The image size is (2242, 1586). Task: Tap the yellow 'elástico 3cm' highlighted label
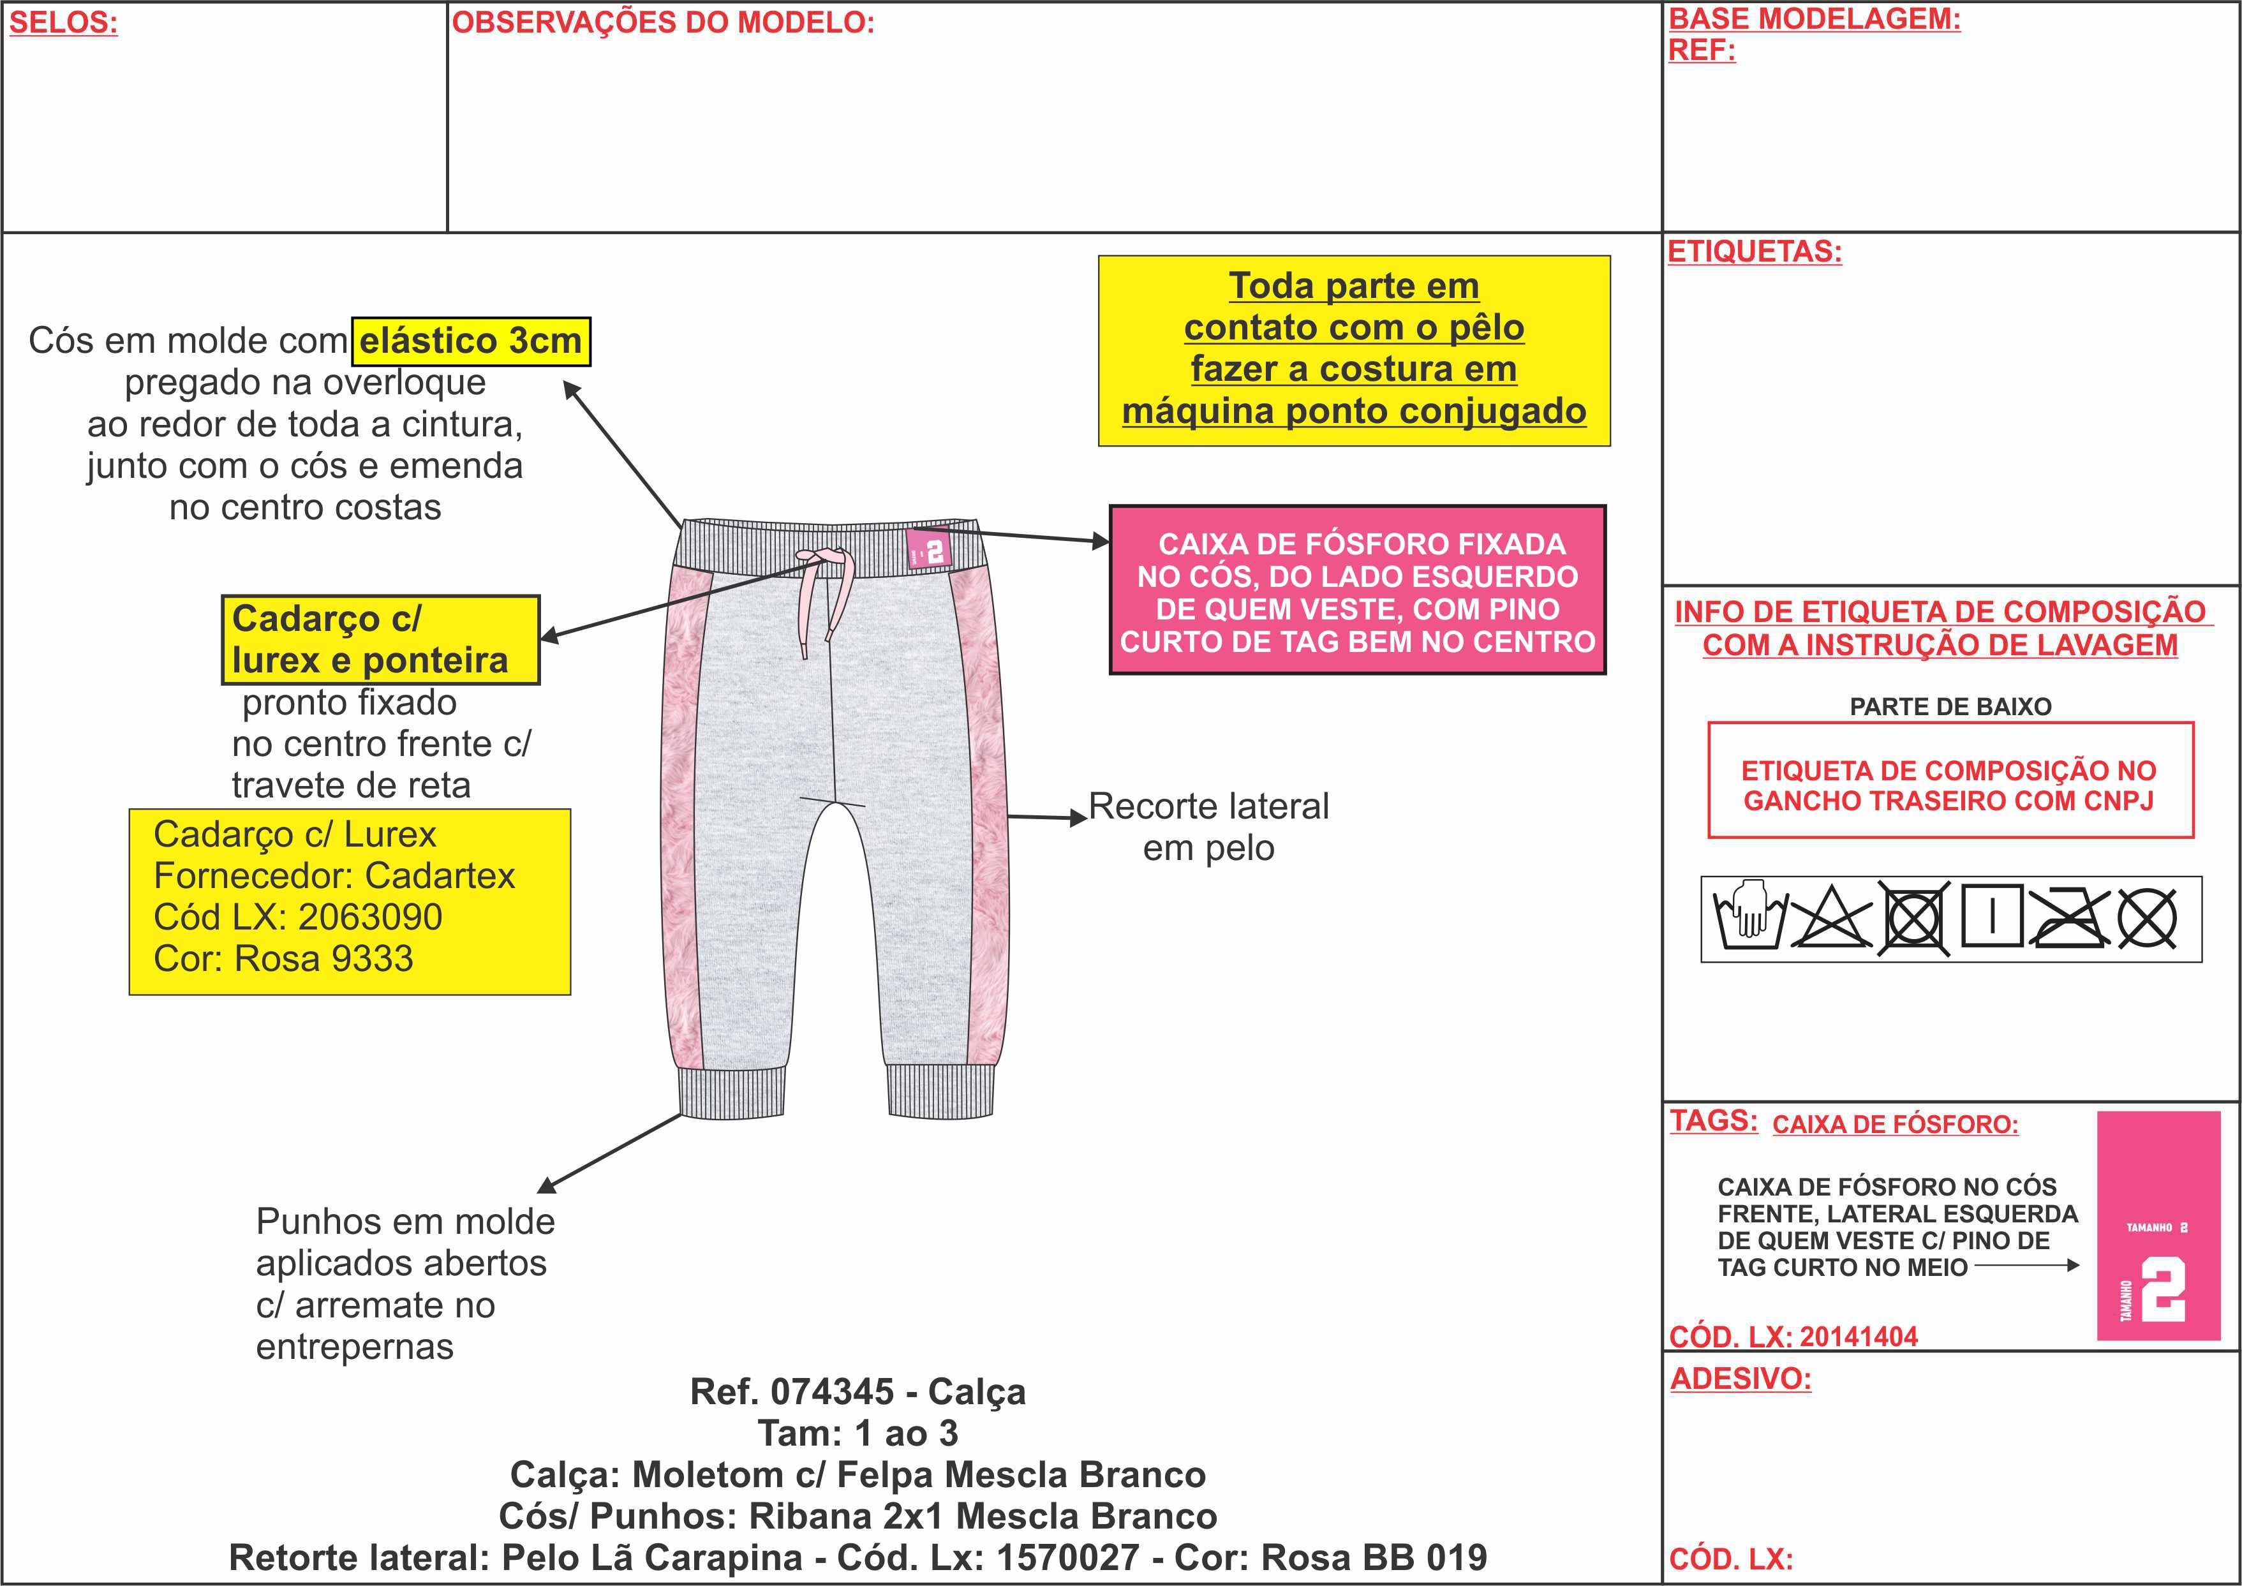(x=471, y=341)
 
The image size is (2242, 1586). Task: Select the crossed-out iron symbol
(x=2068, y=919)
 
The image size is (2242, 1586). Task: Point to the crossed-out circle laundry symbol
(x=2148, y=919)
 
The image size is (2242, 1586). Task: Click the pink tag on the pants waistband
(x=928, y=551)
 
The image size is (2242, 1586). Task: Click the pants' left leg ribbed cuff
(x=732, y=1091)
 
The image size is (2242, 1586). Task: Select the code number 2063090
(x=370, y=917)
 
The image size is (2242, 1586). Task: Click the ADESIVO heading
(x=1740, y=1379)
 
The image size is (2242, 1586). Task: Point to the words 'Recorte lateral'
(x=1209, y=806)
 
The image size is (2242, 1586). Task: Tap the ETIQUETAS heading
(x=1755, y=252)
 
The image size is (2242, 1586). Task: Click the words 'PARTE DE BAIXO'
(x=1950, y=706)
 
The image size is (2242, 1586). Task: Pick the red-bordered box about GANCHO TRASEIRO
(x=1950, y=780)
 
